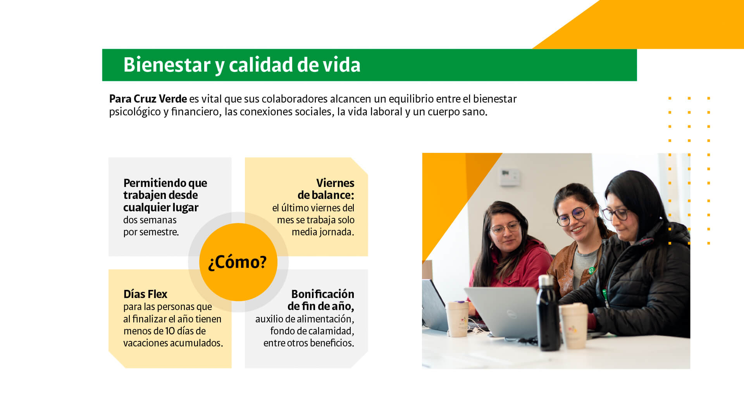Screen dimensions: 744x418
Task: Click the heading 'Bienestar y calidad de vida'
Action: pos(242,65)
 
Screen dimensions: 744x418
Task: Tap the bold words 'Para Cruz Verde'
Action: pos(148,99)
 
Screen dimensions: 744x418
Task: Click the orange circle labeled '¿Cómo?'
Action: pos(238,262)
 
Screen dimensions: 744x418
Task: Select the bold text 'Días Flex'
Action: pos(145,294)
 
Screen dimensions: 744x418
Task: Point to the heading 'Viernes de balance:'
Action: pos(326,189)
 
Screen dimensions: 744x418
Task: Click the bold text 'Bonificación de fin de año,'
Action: pos(321,300)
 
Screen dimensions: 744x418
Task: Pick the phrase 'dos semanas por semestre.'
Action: pos(151,226)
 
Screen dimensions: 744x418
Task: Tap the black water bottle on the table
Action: pos(548,313)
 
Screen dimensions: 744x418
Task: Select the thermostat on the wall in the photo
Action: pos(510,177)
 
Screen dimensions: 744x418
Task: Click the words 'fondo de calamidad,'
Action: pos(312,331)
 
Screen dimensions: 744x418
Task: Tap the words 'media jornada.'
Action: pos(323,232)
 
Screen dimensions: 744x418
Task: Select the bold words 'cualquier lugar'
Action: pos(161,208)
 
